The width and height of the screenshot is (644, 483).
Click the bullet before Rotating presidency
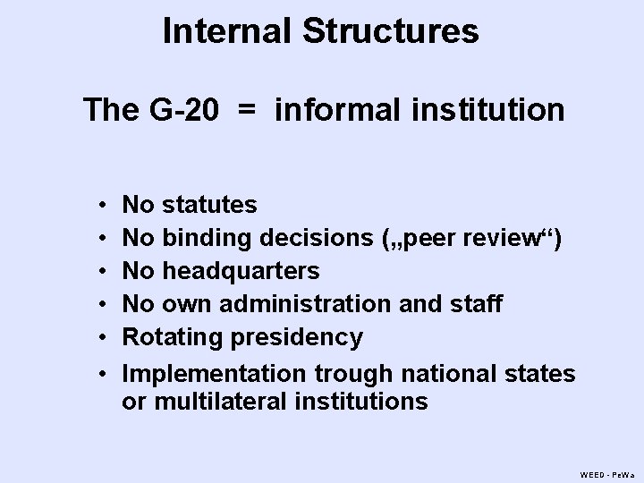[x=106, y=338]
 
